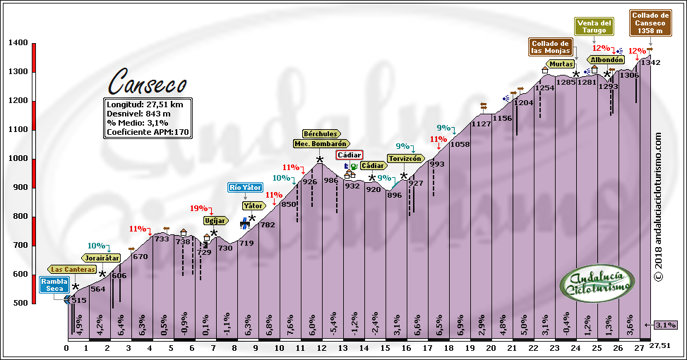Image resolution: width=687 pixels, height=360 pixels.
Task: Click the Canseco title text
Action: point(147,82)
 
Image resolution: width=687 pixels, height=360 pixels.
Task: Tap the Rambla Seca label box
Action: point(54,285)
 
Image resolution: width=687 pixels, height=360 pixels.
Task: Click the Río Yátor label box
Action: point(245,188)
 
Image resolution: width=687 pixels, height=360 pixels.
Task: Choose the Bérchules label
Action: point(321,133)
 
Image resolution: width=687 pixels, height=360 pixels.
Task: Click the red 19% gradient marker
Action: point(198,208)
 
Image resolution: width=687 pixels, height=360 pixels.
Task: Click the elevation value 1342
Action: point(650,63)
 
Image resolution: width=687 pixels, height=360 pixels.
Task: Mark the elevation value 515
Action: point(78,301)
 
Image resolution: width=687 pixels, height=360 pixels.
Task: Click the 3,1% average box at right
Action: point(667,325)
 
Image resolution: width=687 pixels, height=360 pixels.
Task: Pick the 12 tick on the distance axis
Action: point(321,347)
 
